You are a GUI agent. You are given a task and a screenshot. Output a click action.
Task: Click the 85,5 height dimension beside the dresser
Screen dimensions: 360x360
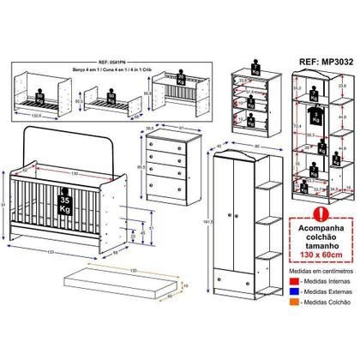(x=139, y=166)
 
